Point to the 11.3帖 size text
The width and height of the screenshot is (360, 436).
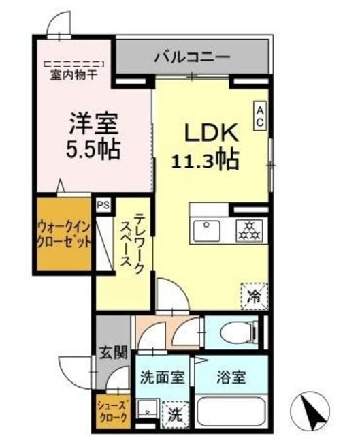[x=203, y=161]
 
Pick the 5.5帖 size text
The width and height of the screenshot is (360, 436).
[x=94, y=149]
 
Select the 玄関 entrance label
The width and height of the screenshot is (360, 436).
[x=110, y=353]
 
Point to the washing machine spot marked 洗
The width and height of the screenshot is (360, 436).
[x=174, y=413]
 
